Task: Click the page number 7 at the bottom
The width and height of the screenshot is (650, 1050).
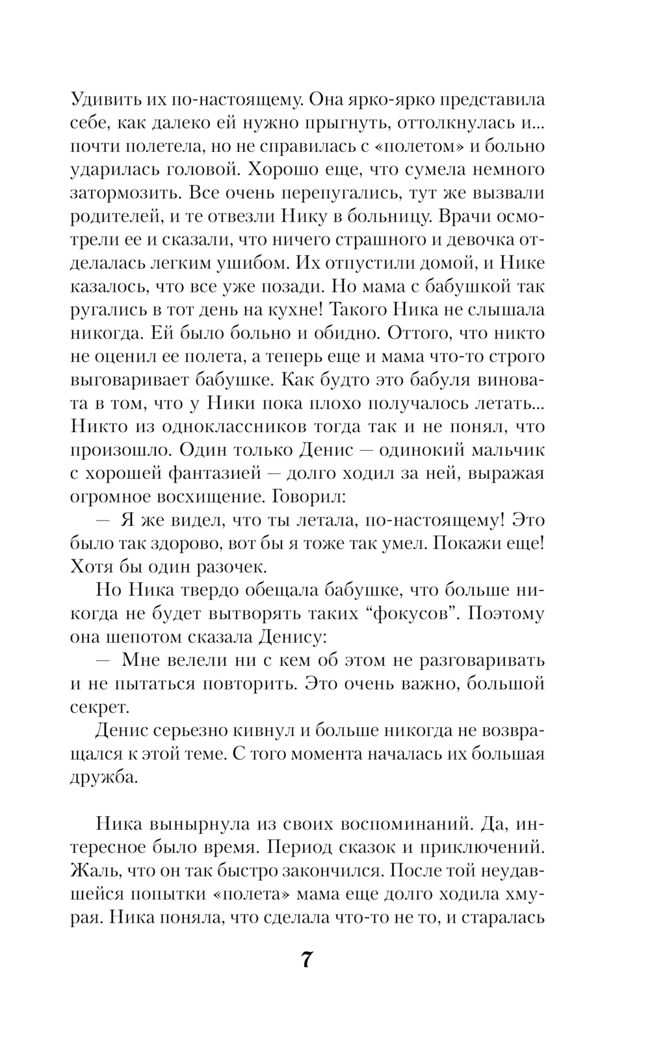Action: pos(307,960)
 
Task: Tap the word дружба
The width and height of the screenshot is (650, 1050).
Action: pos(104,778)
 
